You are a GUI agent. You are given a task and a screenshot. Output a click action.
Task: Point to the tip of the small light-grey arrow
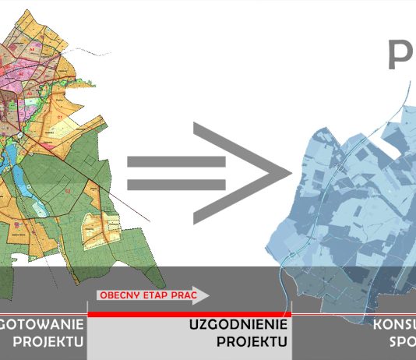[x=209, y=295]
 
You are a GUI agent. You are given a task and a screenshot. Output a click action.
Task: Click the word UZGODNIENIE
[x=239, y=325]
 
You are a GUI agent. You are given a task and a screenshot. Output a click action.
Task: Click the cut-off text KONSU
[x=394, y=325]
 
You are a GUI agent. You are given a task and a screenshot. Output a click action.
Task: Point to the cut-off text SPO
[x=402, y=341]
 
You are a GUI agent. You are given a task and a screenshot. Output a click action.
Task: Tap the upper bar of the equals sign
[x=176, y=163]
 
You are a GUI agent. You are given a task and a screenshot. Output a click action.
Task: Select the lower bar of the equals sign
[x=176, y=185]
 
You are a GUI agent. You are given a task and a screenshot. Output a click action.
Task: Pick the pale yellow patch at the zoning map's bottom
[x=99, y=227]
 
